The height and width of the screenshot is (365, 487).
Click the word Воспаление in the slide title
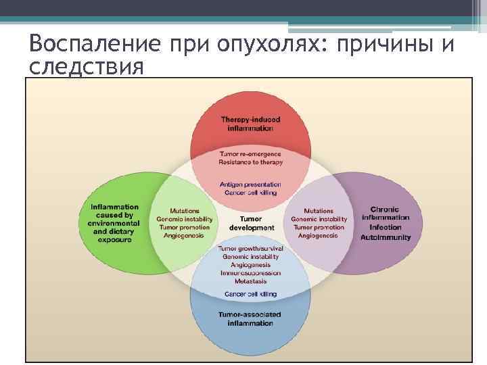pyautogui.click(x=94, y=45)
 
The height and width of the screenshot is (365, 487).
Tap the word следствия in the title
pyautogui.click(x=87, y=67)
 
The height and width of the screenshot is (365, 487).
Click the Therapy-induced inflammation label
pyautogui.click(x=250, y=124)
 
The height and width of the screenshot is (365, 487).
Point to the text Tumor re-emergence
pyautogui.click(x=250, y=154)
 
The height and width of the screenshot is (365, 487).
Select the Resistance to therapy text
pyautogui.click(x=250, y=162)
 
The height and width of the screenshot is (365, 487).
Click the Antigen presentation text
pyautogui.click(x=250, y=185)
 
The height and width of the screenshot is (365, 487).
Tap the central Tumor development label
pyautogui.click(x=251, y=223)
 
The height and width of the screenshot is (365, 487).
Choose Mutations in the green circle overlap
pyautogui.click(x=185, y=211)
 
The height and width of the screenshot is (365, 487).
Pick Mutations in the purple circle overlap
pyautogui.click(x=318, y=211)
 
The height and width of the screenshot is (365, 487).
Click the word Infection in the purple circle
pyautogui.click(x=385, y=227)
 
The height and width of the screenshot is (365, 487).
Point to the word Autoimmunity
pyautogui.click(x=385, y=237)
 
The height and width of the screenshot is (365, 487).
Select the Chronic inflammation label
pyautogui.click(x=385, y=213)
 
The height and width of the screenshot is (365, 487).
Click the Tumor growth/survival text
pyautogui.click(x=250, y=249)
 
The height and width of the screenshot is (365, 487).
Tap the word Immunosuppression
pyautogui.click(x=250, y=272)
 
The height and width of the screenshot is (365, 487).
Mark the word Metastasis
pyautogui.click(x=250, y=281)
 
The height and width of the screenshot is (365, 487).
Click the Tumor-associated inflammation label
pyautogui.click(x=250, y=319)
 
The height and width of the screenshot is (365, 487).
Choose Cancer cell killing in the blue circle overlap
pyautogui.click(x=250, y=295)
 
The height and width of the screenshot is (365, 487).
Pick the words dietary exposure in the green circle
pyautogui.click(x=115, y=235)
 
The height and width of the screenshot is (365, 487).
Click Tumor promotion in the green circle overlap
pyautogui.click(x=185, y=227)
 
